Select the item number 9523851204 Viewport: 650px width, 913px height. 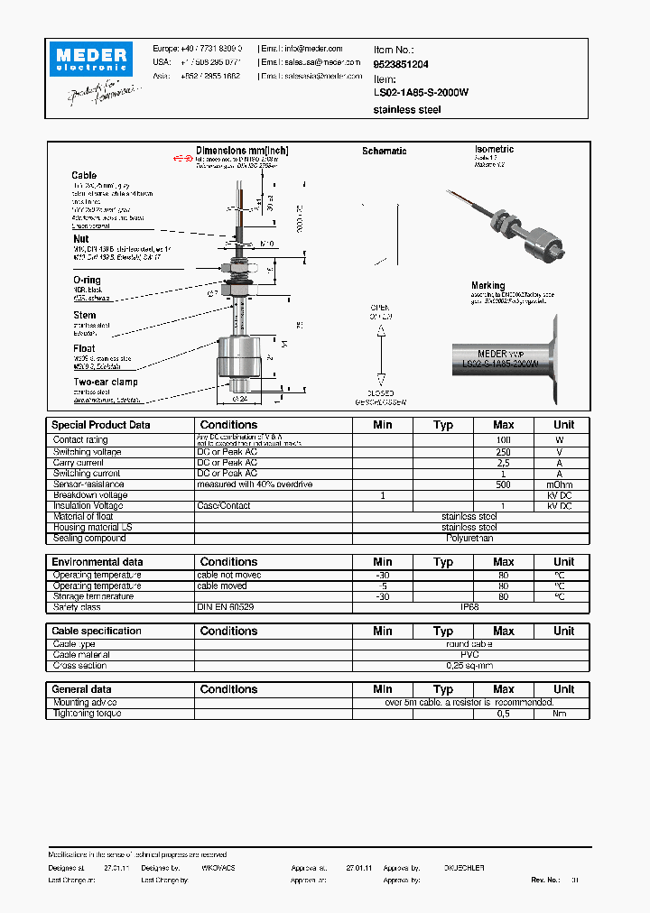(401, 65)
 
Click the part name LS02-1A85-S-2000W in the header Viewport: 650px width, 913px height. (421, 92)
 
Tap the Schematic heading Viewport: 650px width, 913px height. (384, 152)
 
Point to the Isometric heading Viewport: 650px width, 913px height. (494, 149)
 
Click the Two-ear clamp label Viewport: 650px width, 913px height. (106, 382)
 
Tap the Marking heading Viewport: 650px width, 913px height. (487, 286)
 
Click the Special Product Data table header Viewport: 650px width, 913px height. (101, 425)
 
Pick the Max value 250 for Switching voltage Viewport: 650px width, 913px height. (503, 451)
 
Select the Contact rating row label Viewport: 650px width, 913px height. (81, 440)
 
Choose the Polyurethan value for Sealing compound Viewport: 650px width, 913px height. (469, 538)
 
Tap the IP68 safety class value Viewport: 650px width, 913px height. (469, 608)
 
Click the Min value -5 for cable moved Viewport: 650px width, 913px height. (383, 586)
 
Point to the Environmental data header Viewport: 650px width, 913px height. (97, 562)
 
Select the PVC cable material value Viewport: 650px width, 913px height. (469, 655)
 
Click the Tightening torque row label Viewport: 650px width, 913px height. (87, 714)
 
